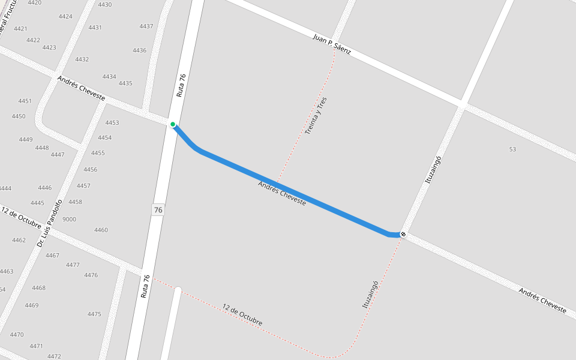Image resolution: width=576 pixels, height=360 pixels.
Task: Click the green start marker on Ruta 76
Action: pos(173,125)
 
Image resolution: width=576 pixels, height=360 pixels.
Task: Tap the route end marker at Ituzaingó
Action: pos(403,234)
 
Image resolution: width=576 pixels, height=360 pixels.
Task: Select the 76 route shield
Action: pos(158,210)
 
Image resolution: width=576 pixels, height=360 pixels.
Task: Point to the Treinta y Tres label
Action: pos(316,115)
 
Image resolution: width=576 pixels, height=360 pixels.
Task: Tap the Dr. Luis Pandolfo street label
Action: pos(50,223)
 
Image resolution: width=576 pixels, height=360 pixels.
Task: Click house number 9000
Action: pos(69,220)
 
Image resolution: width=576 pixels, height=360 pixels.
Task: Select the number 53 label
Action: pos(512,149)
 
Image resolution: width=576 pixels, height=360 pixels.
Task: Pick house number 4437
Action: pos(146,26)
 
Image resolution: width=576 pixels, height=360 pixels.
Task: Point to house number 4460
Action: pos(101,230)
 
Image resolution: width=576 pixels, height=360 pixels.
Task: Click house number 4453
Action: pos(112,123)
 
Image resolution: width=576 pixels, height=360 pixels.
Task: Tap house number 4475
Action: pos(94,314)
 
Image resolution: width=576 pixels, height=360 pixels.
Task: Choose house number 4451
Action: pos(25,101)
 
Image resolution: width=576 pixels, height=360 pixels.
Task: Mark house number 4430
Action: pos(104,5)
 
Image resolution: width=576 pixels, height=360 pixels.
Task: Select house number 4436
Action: pos(140,50)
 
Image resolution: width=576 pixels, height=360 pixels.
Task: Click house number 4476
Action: pos(91,275)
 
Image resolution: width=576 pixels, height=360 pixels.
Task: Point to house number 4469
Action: pos(32,305)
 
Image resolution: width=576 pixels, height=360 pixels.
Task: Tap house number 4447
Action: pos(58,155)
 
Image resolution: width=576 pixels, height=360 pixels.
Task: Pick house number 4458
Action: pos(75,202)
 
